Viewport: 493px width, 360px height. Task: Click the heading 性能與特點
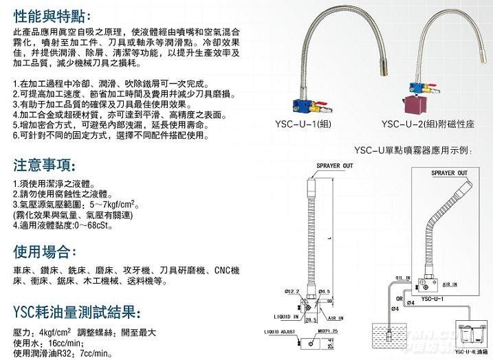(x=51, y=14)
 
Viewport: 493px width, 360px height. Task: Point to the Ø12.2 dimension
(x=285, y=291)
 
